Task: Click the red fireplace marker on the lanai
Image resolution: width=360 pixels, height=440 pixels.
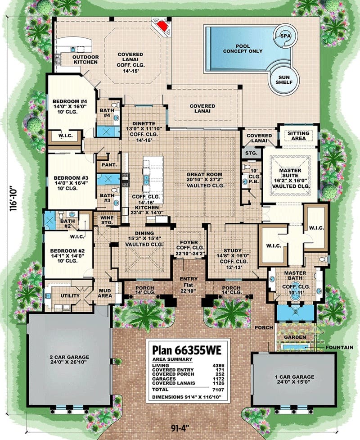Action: coord(162,26)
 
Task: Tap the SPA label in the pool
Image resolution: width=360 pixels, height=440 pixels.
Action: coord(286,36)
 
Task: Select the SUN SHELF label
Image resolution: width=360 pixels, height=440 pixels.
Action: coord(284,80)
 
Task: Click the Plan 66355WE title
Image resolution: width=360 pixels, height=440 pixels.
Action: coord(187,350)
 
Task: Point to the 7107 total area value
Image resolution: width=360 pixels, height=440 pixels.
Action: coord(218,390)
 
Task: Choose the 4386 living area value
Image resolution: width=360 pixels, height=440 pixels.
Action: coord(218,366)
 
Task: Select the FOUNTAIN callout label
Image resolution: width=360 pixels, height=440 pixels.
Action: coord(339,348)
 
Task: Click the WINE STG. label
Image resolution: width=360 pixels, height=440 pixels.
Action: coord(107,220)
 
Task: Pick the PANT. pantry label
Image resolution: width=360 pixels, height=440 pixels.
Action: coord(109,165)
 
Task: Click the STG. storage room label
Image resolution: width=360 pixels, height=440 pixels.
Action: coord(251,153)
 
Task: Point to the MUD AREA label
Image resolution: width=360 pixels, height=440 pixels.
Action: coord(105,293)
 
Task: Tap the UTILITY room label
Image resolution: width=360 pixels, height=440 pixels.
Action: coord(70,296)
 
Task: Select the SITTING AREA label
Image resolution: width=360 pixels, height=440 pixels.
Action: coord(298,136)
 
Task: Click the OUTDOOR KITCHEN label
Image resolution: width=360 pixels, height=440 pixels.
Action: coord(85,59)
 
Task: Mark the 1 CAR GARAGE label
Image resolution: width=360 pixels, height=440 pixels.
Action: coord(294,377)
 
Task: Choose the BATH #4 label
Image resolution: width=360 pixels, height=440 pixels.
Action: coord(107,113)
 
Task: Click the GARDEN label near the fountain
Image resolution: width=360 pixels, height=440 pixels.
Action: coord(295,337)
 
